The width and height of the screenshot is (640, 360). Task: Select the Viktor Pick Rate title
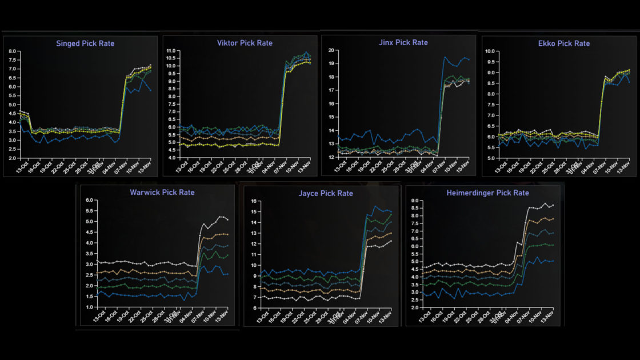pos(245,43)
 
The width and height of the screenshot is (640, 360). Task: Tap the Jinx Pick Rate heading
pos(403,43)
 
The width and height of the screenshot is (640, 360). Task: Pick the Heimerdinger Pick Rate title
pos(487,193)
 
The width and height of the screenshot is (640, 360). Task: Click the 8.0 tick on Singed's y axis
pos(13,51)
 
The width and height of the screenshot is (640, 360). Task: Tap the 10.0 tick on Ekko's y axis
pos(490,51)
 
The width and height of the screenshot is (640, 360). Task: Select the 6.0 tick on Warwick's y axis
pos(89,201)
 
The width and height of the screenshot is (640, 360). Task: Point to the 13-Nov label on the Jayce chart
pos(387,317)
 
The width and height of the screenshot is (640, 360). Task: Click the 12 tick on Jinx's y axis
pos(331,158)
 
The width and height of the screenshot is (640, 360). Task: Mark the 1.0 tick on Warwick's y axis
pos(89,307)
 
